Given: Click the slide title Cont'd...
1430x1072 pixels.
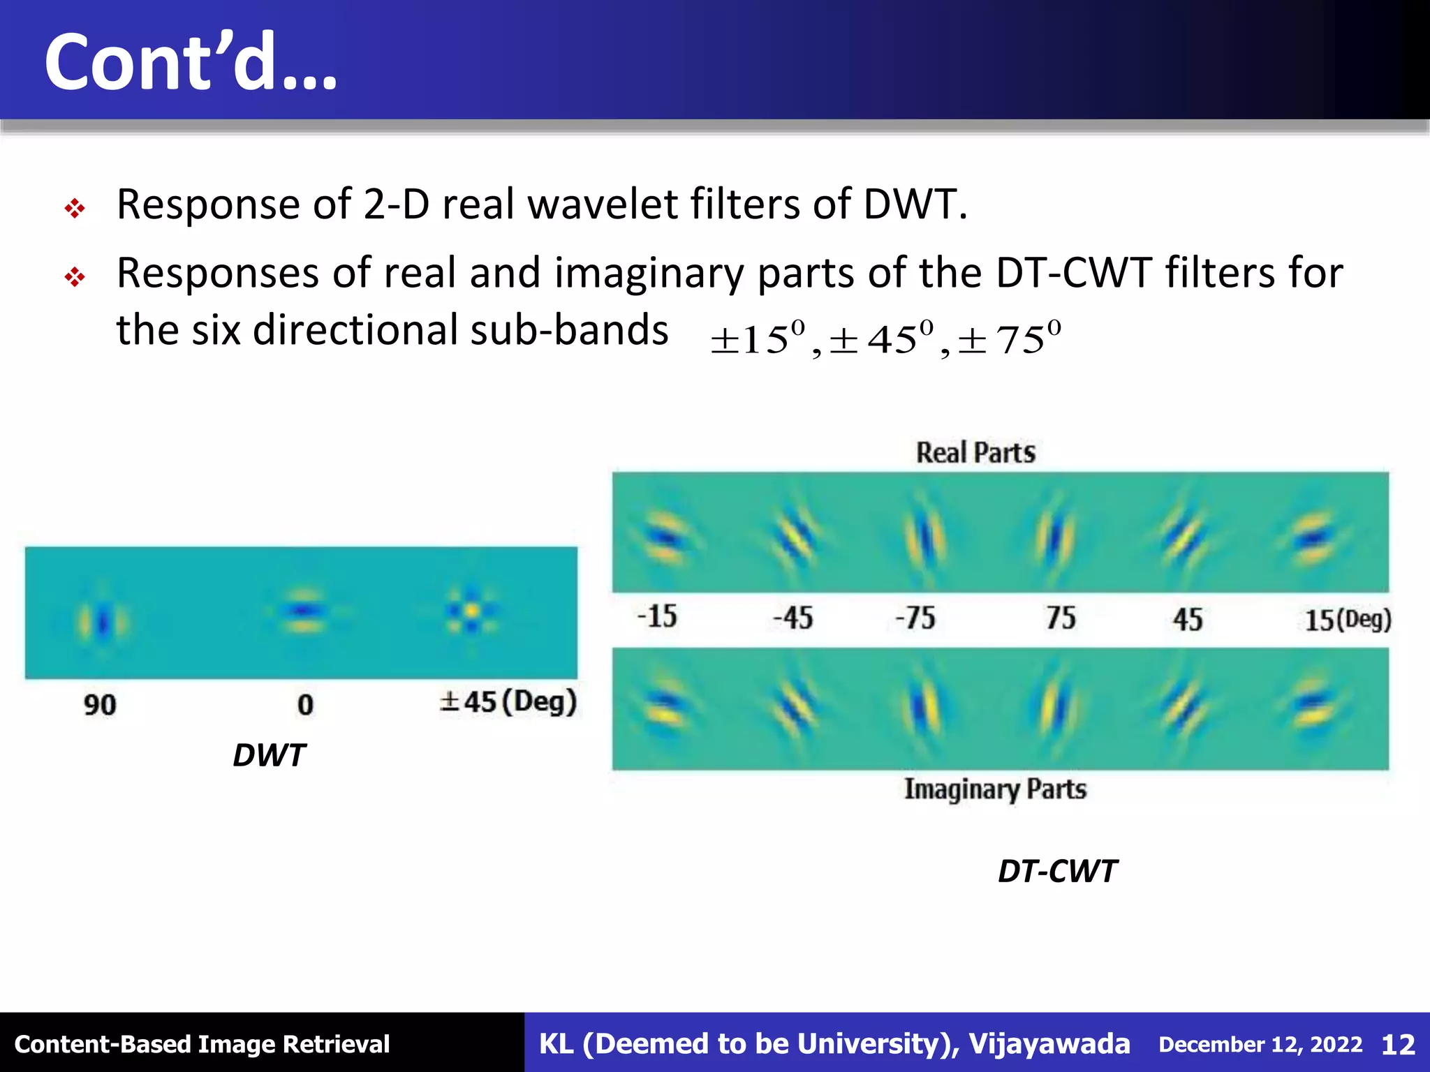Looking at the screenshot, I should [x=190, y=63].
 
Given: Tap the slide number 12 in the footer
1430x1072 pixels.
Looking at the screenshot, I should [x=1398, y=1045].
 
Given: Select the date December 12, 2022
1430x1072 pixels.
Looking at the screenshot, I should [x=1260, y=1045].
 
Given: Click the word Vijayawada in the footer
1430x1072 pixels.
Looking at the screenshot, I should [x=1049, y=1044].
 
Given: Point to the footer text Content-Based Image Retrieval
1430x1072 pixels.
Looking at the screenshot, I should [x=202, y=1045].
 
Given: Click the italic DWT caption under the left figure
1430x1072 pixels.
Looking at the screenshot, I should [x=269, y=755].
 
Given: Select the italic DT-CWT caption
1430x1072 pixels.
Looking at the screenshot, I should [x=1057, y=871].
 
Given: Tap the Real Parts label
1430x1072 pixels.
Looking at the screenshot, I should [x=975, y=453].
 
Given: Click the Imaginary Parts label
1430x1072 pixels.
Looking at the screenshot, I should [x=996, y=789].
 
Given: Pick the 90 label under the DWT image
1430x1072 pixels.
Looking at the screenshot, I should [x=100, y=705].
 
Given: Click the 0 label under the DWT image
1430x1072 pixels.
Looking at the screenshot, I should [x=305, y=705].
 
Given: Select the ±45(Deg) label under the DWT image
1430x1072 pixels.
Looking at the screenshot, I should [x=508, y=702].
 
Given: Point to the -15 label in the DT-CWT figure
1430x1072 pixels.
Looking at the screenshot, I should [x=657, y=617].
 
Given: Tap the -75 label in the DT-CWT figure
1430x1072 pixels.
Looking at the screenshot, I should [x=915, y=618].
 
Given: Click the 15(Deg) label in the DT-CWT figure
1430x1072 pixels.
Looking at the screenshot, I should [x=1348, y=620].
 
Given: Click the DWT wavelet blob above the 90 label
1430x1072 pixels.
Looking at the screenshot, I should [x=103, y=620].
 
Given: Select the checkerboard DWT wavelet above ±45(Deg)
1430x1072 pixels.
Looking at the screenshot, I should [x=472, y=611].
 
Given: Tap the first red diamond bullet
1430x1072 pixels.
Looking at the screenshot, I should [x=75, y=208].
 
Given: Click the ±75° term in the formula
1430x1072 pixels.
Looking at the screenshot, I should [x=1010, y=340].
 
